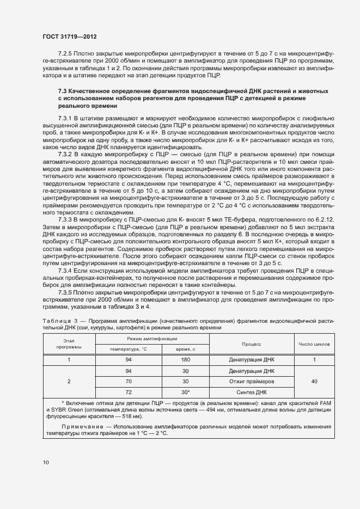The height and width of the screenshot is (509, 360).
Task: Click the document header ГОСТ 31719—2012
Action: click(x=70, y=36)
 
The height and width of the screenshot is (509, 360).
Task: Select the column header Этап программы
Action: click(x=68, y=344)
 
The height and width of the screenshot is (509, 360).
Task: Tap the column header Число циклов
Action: click(x=314, y=344)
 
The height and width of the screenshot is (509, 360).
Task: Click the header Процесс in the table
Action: click(x=252, y=344)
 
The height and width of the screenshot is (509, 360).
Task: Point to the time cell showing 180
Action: click(x=185, y=360)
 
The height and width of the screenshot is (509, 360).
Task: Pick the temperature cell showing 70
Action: click(x=129, y=381)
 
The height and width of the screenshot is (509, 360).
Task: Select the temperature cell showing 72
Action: click(x=129, y=392)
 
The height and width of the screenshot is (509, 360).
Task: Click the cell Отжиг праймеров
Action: click(x=252, y=381)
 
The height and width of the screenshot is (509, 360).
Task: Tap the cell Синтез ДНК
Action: click(x=252, y=392)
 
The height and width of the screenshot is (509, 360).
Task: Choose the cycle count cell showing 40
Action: click(x=314, y=382)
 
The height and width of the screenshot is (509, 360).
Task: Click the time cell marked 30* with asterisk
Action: click(x=185, y=392)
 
